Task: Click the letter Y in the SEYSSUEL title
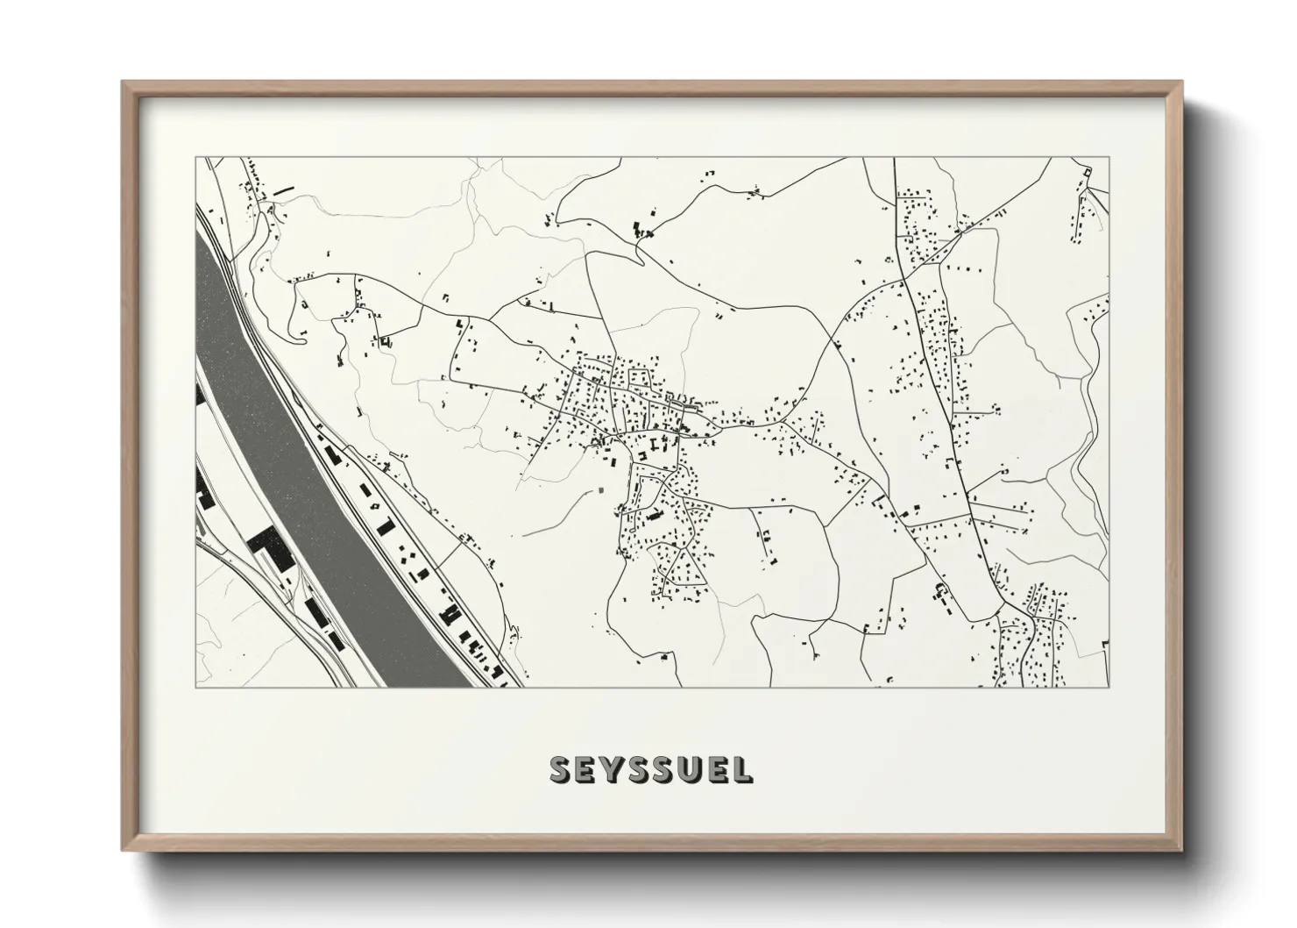point(613,770)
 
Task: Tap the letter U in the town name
point(689,770)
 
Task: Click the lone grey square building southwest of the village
point(602,489)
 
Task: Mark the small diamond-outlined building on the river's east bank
point(375,506)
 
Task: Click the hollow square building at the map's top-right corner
point(1088,171)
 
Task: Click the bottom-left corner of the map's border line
point(195,687)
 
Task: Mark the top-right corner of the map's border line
point(1109,158)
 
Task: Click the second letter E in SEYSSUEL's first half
point(586,770)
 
